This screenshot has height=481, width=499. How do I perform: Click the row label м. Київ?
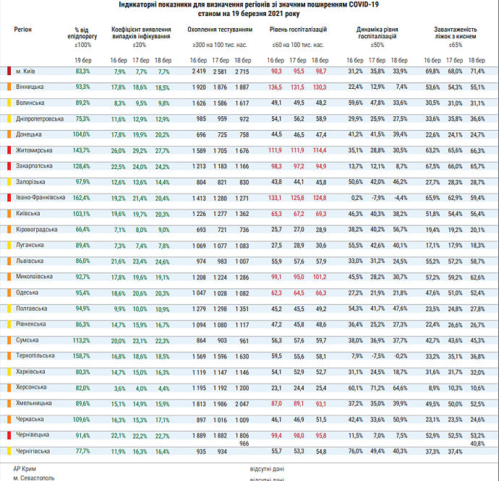pyautogui.click(x=26, y=71)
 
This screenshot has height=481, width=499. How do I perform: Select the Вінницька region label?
pyautogui.click(x=30, y=87)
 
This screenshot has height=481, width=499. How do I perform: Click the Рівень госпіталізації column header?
pyautogui.click(x=298, y=31)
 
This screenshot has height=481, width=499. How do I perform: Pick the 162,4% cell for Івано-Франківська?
pyautogui.click(x=82, y=198)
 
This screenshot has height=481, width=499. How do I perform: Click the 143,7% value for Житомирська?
pyautogui.click(x=82, y=150)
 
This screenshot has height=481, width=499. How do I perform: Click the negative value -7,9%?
pyautogui.click(x=378, y=198)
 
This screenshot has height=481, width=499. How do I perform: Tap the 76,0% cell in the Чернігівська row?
pyautogui.click(x=355, y=451)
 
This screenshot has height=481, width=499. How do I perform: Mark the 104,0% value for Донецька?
pyautogui.click(x=82, y=134)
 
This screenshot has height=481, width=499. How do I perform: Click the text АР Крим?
pyautogui.click(x=25, y=468)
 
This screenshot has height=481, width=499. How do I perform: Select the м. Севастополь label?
pyautogui.click(x=33, y=478)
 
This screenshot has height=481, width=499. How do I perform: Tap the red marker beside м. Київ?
pyautogui.click(x=8, y=71)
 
